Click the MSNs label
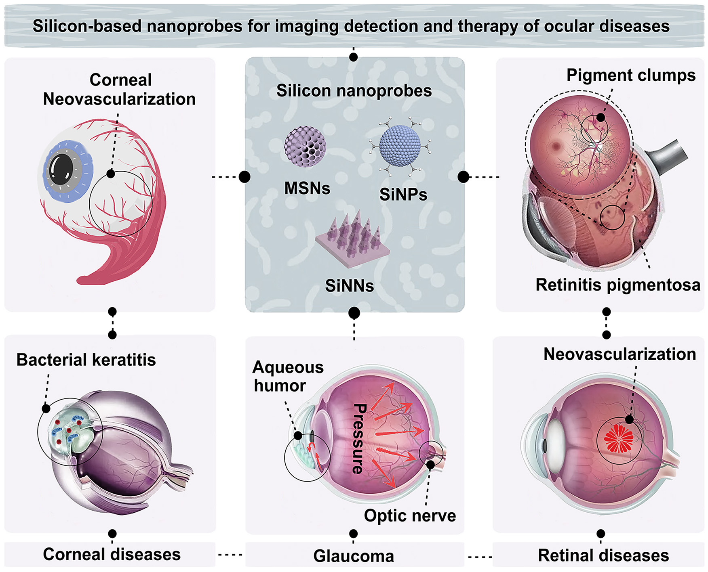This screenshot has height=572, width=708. pos(307,189)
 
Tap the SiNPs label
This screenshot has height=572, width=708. pos(403,195)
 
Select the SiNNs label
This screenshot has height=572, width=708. pos(350,286)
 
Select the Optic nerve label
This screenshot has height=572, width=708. pos(410,515)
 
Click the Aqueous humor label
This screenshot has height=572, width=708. pos(287,376)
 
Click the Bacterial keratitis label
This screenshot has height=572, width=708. pos(86,360)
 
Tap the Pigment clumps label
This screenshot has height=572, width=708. pos(631,75)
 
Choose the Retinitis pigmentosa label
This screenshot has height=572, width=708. pos(618,285)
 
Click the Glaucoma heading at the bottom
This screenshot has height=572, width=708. pos(354,556)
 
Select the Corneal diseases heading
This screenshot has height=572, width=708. pos(112,555)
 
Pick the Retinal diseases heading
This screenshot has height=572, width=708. pos(603,555)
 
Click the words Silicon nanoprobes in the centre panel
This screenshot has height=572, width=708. pos(354,91)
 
